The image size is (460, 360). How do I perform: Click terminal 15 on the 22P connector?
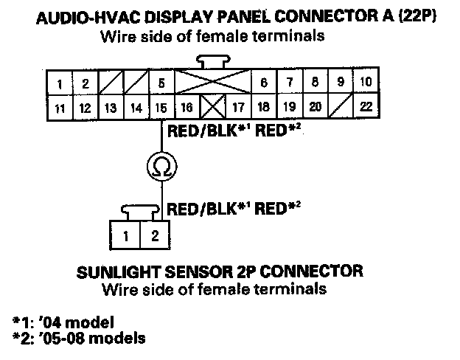click(161, 108)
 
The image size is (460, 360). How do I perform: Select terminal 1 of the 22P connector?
click(58, 83)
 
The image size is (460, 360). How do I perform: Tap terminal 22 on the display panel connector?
click(365, 107)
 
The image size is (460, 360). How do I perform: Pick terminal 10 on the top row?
click(366, 83)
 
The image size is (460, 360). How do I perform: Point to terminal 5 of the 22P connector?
click(161, 83)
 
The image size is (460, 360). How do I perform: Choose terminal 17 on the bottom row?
click(237, 108)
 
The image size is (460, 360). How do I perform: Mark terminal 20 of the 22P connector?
click(315, 107)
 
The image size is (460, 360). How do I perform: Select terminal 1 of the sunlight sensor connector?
click(126, 237)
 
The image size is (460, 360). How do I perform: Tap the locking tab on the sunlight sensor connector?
click(141, 215)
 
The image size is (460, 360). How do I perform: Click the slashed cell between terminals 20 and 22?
click(341, 107)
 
